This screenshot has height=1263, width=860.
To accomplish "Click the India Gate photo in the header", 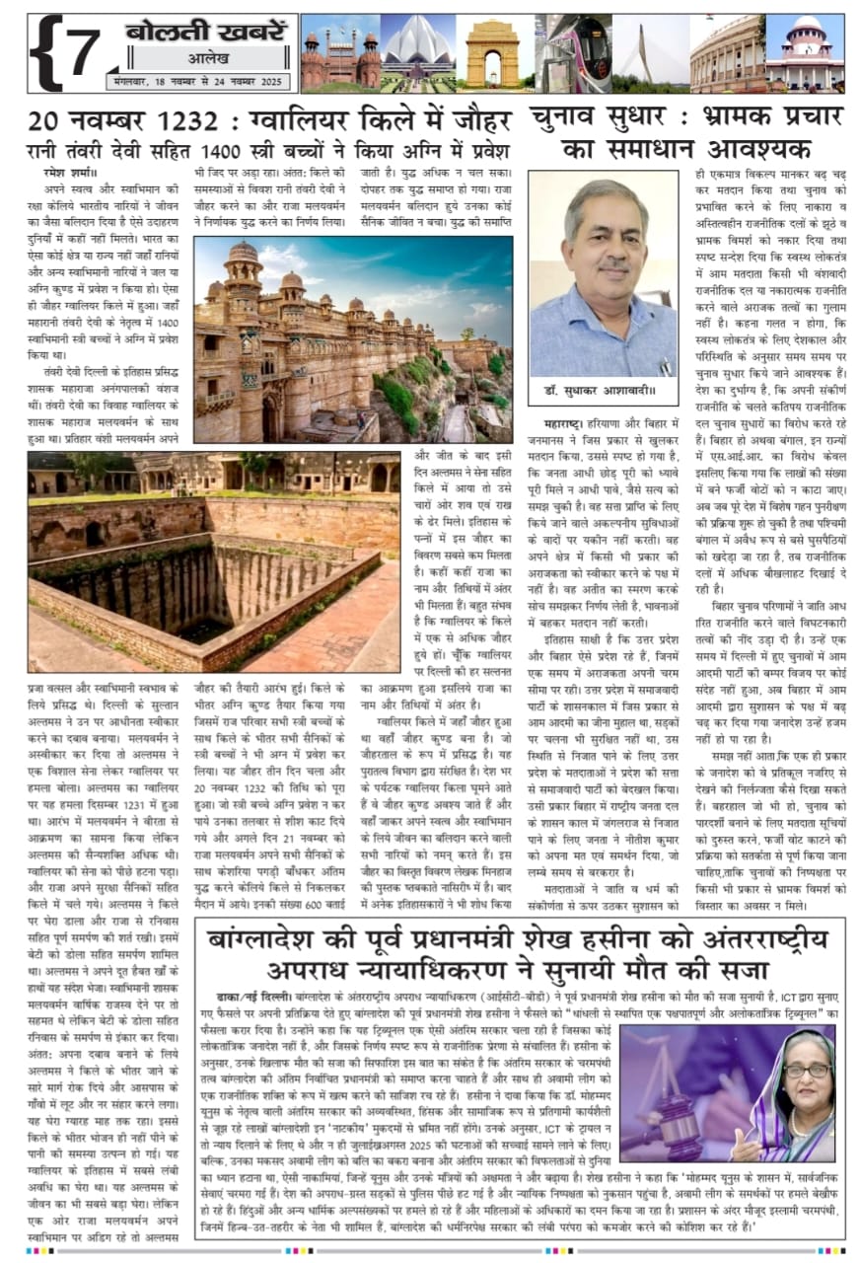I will (492, 53).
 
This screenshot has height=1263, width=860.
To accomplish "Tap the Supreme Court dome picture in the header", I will (805, 53).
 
